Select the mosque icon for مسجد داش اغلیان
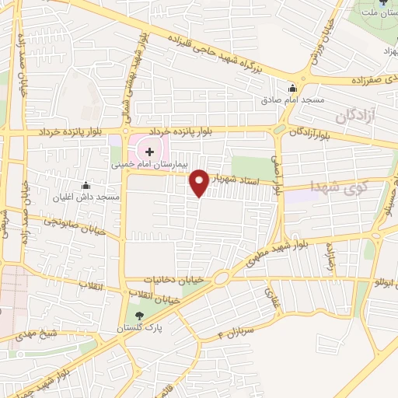86,187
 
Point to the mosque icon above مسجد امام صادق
292,88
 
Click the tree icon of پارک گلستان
140,315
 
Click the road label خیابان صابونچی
71,224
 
